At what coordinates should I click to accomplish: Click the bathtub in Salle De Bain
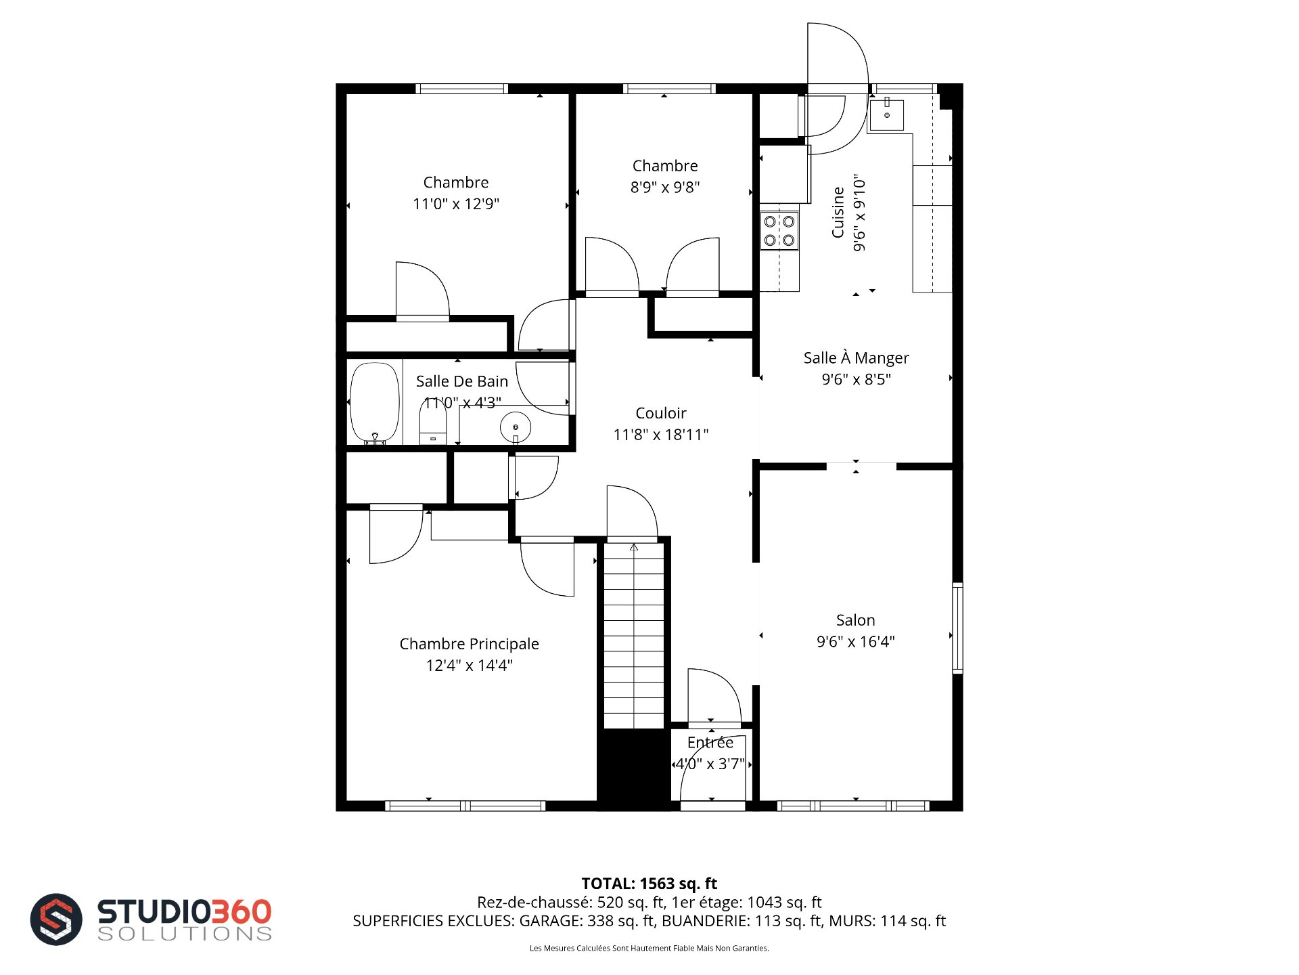(x=375, y=404)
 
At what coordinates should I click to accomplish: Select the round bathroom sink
(x=516, y=427)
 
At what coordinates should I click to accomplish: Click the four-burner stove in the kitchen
(x=779, y=231)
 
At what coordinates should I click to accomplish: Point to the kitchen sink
(x=886, y=115)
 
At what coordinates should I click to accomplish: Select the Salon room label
(x=855, y=620)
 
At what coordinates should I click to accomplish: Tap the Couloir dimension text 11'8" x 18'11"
(x=661, y=435)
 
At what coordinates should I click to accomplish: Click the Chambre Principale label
(x=469, y=644)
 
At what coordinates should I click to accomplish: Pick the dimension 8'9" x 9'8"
(x=665, y=187)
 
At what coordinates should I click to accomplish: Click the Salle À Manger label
(x=856, y=357)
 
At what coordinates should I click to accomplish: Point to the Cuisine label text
(x=838, y=213)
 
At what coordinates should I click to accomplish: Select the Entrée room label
(x=710, y=742)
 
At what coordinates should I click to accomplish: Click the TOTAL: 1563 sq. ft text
(x=649, y=884)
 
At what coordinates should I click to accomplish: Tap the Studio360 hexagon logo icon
(x=56, y=919)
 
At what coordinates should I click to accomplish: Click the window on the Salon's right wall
(x=957, y=628)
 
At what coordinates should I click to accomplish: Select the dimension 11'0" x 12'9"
(x=456, y=204)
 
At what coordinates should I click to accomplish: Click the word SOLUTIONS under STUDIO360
(x=185, y=934)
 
